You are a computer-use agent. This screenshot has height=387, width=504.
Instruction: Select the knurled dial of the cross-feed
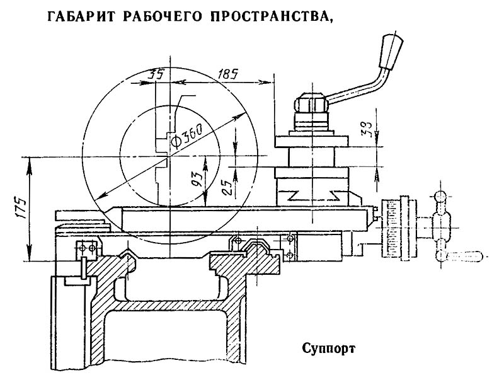pyautogui.click(x=396, y=229)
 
